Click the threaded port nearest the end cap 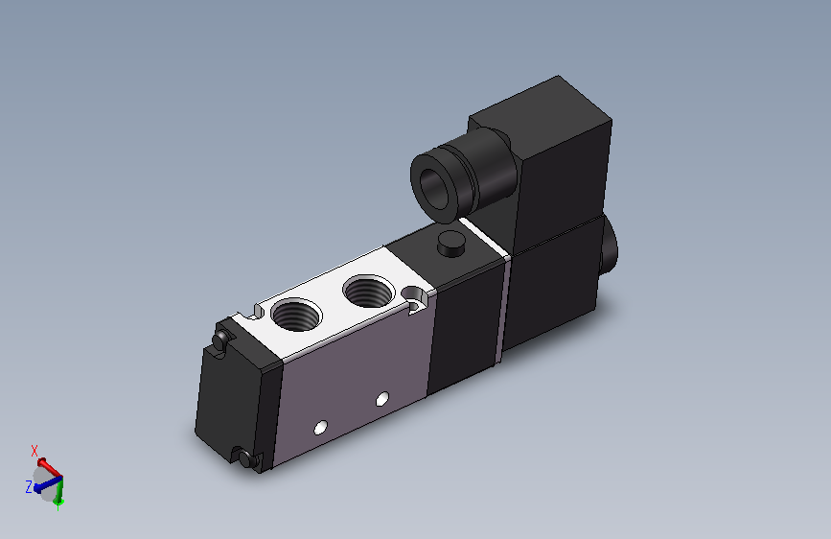click(x=296, y=314)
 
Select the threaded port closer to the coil click(x=369, y=291)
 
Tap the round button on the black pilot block click(x=451, y=244)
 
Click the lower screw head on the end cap click(x=246, y=458)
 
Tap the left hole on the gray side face click(x=320, y=427)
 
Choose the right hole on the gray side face click(x=382, y=399)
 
